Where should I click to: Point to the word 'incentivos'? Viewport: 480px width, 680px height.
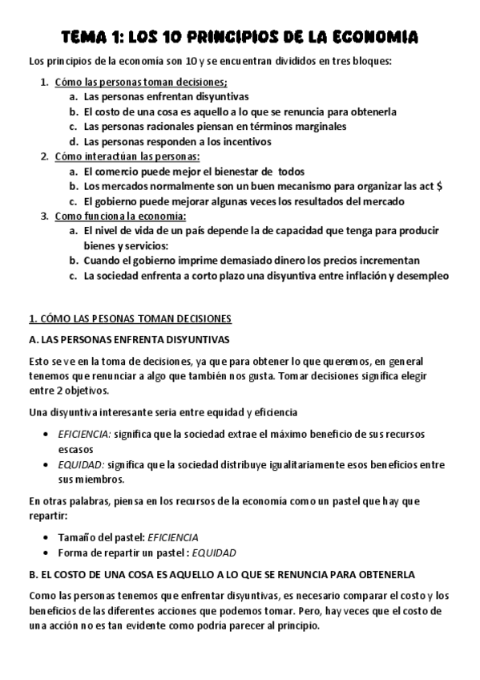coord(246,141)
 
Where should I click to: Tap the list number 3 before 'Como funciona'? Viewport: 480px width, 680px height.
coord(44,217)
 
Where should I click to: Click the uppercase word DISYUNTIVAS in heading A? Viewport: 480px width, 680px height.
coord(192,338)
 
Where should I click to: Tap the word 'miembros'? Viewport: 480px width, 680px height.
coord(101,480)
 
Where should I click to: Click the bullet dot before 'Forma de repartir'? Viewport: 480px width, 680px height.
coord(47,552)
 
